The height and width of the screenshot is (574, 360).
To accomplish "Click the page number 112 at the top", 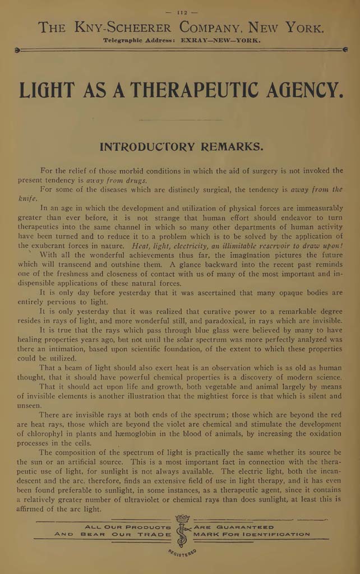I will coord(181,11).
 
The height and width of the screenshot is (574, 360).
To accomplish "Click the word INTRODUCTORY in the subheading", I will coord(150,147).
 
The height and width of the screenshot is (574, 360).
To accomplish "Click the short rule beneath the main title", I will coord(180,119).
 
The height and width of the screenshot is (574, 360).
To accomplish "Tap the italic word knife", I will coord(27,199).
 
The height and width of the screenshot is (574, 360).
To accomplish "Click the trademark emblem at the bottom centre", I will coord(182,530).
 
